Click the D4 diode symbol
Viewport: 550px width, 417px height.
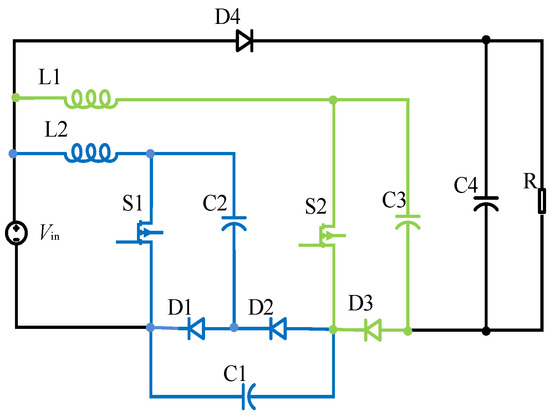click(244, 41)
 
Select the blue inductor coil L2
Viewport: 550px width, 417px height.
click(91, 154)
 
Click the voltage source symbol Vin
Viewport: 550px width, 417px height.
click(15, 234)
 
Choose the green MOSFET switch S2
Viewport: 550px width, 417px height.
click(324, 236)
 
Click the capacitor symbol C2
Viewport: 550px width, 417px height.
click(233, 222)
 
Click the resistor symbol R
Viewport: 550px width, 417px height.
click(541, 204)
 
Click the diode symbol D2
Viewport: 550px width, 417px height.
click(279, 327)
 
